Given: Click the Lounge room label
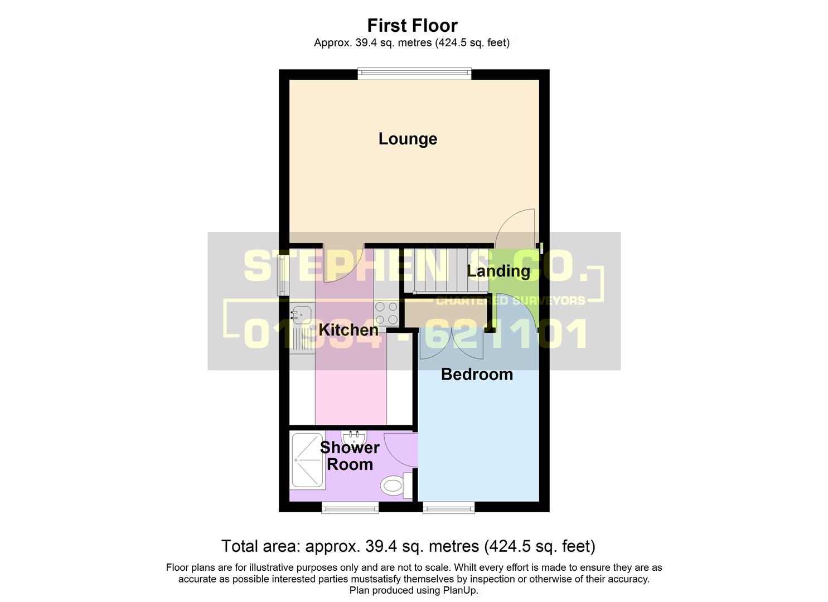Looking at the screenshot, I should click(x=408, y=139).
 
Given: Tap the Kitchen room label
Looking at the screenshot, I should click(x=348, y=329).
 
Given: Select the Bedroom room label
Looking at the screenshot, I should click(x=477, y=374).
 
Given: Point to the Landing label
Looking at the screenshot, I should click(x=498, y=271).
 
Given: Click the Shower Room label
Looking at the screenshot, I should click(x=350, y=455).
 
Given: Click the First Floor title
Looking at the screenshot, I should click(x=412, y=25).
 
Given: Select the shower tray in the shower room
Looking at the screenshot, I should click(x=307, y=460).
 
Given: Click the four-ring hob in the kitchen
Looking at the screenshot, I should click(x=386, y=313).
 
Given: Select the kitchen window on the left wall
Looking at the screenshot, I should click(x=283, y=274).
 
